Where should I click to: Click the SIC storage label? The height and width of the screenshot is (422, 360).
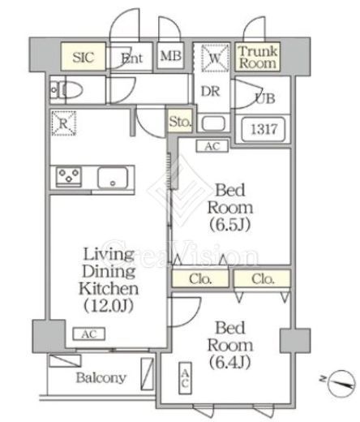pyautogui.click(x=84, y=57)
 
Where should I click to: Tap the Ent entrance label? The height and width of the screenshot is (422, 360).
pyautogui.click(x=131, y=58)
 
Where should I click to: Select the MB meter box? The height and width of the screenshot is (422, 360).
pyautogui.click(x=171, y=56)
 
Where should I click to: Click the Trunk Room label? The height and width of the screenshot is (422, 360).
pyautogui.click(x=258, y=57)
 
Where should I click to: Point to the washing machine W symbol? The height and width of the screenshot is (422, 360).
pyautogui.click(x=215, y=58)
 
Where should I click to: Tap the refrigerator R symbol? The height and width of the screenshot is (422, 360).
pyautogui.click(x=63, y=123)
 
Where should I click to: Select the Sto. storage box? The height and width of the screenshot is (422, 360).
pyautogui.click(x=180, y=121)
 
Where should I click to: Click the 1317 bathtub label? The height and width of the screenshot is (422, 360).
pyautogui.click(x=264, y=129)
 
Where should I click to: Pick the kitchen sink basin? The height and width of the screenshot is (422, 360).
pyautogui.click(x=113, y=178)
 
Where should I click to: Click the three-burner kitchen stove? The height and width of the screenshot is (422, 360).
pyautogui.click(x=69, y=176)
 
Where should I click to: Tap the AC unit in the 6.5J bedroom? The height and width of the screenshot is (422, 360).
pyautogui.click(x=212, y=146)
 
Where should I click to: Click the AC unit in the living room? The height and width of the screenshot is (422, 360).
pyautogui.click(x=89, y=334)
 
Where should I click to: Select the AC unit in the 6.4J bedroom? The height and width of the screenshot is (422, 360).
pyautogui.click(x=185, y=378)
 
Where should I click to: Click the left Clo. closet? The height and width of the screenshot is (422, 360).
pyautogui.click(x=200, y=279)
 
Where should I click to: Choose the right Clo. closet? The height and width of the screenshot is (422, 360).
pyautogui.click(x=263, y=279)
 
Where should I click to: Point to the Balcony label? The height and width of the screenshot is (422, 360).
pyautogui.click(x=101, y=377)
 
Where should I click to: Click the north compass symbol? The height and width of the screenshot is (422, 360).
pyautogui.click(x=341, y=383)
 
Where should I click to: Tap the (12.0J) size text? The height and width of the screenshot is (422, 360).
pyautogui.click(x=109, y=306)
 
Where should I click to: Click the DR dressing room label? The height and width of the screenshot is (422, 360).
pyautogui.click(x=211, y=92)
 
